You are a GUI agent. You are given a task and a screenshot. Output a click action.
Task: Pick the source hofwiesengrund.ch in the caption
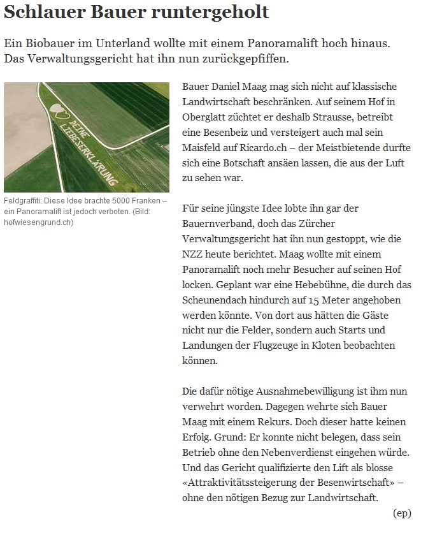pos(38,222)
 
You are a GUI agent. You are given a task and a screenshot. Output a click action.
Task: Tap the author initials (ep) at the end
pos(402,512)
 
